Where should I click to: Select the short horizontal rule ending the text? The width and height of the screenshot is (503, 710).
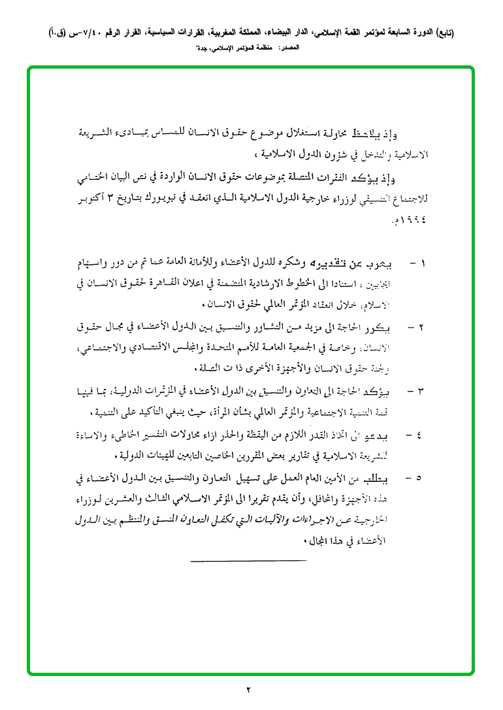tap(248, 560)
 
